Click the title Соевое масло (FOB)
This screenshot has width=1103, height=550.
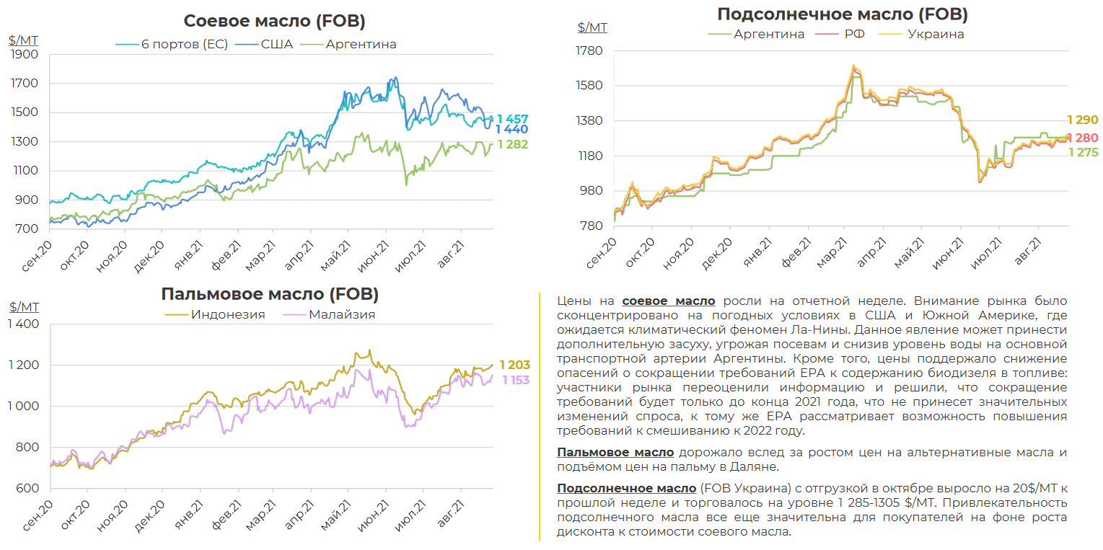274,21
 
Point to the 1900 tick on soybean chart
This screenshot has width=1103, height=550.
25,54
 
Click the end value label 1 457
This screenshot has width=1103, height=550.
512,118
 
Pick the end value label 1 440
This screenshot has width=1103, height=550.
512,130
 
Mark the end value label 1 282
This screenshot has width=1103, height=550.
512,144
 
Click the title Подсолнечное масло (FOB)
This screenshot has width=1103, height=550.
842,14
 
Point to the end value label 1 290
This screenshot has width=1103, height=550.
1083,120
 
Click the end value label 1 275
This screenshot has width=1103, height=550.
1083,152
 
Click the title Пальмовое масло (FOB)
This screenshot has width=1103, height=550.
269,294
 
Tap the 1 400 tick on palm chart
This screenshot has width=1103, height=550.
23,324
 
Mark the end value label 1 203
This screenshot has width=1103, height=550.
514,365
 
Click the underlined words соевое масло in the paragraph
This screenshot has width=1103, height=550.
669,301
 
